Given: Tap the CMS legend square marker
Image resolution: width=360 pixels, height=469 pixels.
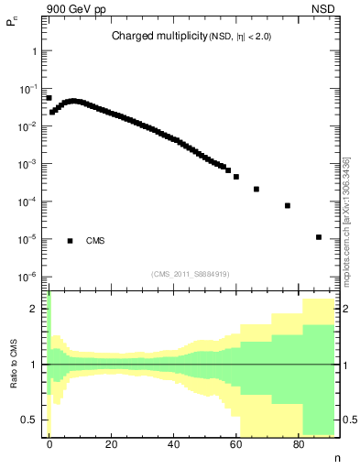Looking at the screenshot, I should [x=70, y=241].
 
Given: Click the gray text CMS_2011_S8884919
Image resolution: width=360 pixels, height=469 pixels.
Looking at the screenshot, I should [x=190, y=274].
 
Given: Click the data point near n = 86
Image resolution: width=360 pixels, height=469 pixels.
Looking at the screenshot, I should [x=318, y=237].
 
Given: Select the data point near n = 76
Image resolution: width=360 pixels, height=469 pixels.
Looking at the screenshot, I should [x=288, y=205].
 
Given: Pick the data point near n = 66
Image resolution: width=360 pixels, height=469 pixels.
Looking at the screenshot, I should [x=256, y=189].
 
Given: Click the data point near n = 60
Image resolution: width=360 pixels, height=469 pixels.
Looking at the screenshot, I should [x=236, y=177].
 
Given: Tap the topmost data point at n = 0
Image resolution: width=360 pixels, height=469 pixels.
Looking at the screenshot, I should [x=49, y=98].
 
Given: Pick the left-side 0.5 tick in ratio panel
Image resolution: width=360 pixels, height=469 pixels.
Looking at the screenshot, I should [x=32, y=420].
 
